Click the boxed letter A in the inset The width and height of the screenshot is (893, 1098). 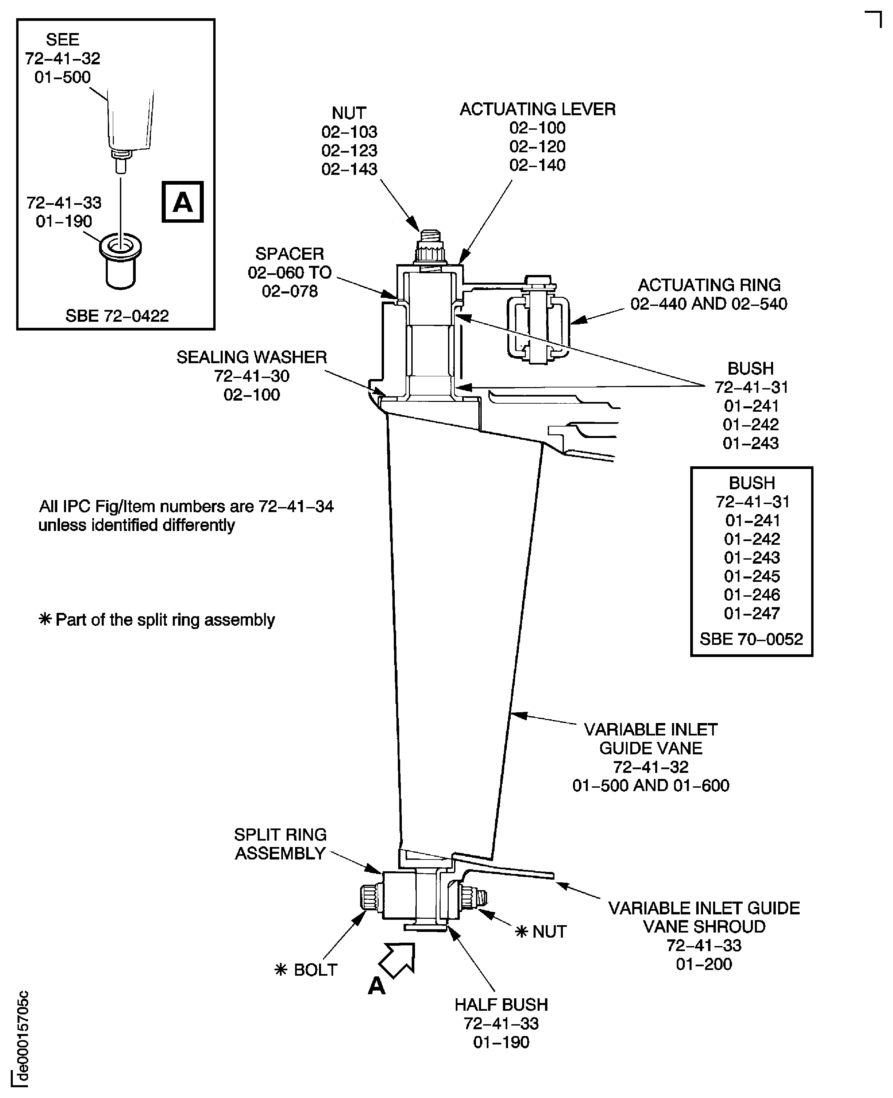pos(183,202)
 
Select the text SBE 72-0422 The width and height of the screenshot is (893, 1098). pos(117,315)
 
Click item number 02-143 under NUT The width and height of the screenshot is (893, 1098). pos(349,169)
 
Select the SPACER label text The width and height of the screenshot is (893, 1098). pos(290,254)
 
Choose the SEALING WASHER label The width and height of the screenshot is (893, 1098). pos(252,357)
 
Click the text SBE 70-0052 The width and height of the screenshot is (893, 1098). pos(751,639)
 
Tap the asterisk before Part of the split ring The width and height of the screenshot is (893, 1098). pos(45,620)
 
